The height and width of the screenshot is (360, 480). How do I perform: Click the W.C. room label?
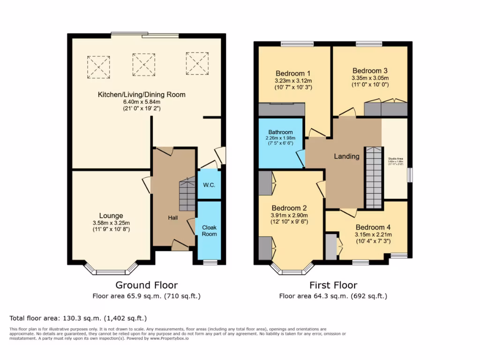point(209,185)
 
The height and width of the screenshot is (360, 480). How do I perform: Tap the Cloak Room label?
point(209,230)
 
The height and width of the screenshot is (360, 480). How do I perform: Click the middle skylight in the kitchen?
point(143,64)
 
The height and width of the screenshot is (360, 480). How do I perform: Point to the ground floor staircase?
point(187,195)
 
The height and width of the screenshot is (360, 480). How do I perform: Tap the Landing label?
point(346,156)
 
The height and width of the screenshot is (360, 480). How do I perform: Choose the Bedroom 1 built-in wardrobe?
point(282,109)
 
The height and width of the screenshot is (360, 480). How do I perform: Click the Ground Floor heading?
point(147,285)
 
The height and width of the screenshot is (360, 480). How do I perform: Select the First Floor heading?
point(333,285)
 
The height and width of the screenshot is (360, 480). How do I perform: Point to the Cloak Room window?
point(209,262)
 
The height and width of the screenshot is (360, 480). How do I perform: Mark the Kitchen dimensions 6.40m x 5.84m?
point(142,102)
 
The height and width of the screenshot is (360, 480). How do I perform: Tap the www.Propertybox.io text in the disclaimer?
point(170,338)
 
